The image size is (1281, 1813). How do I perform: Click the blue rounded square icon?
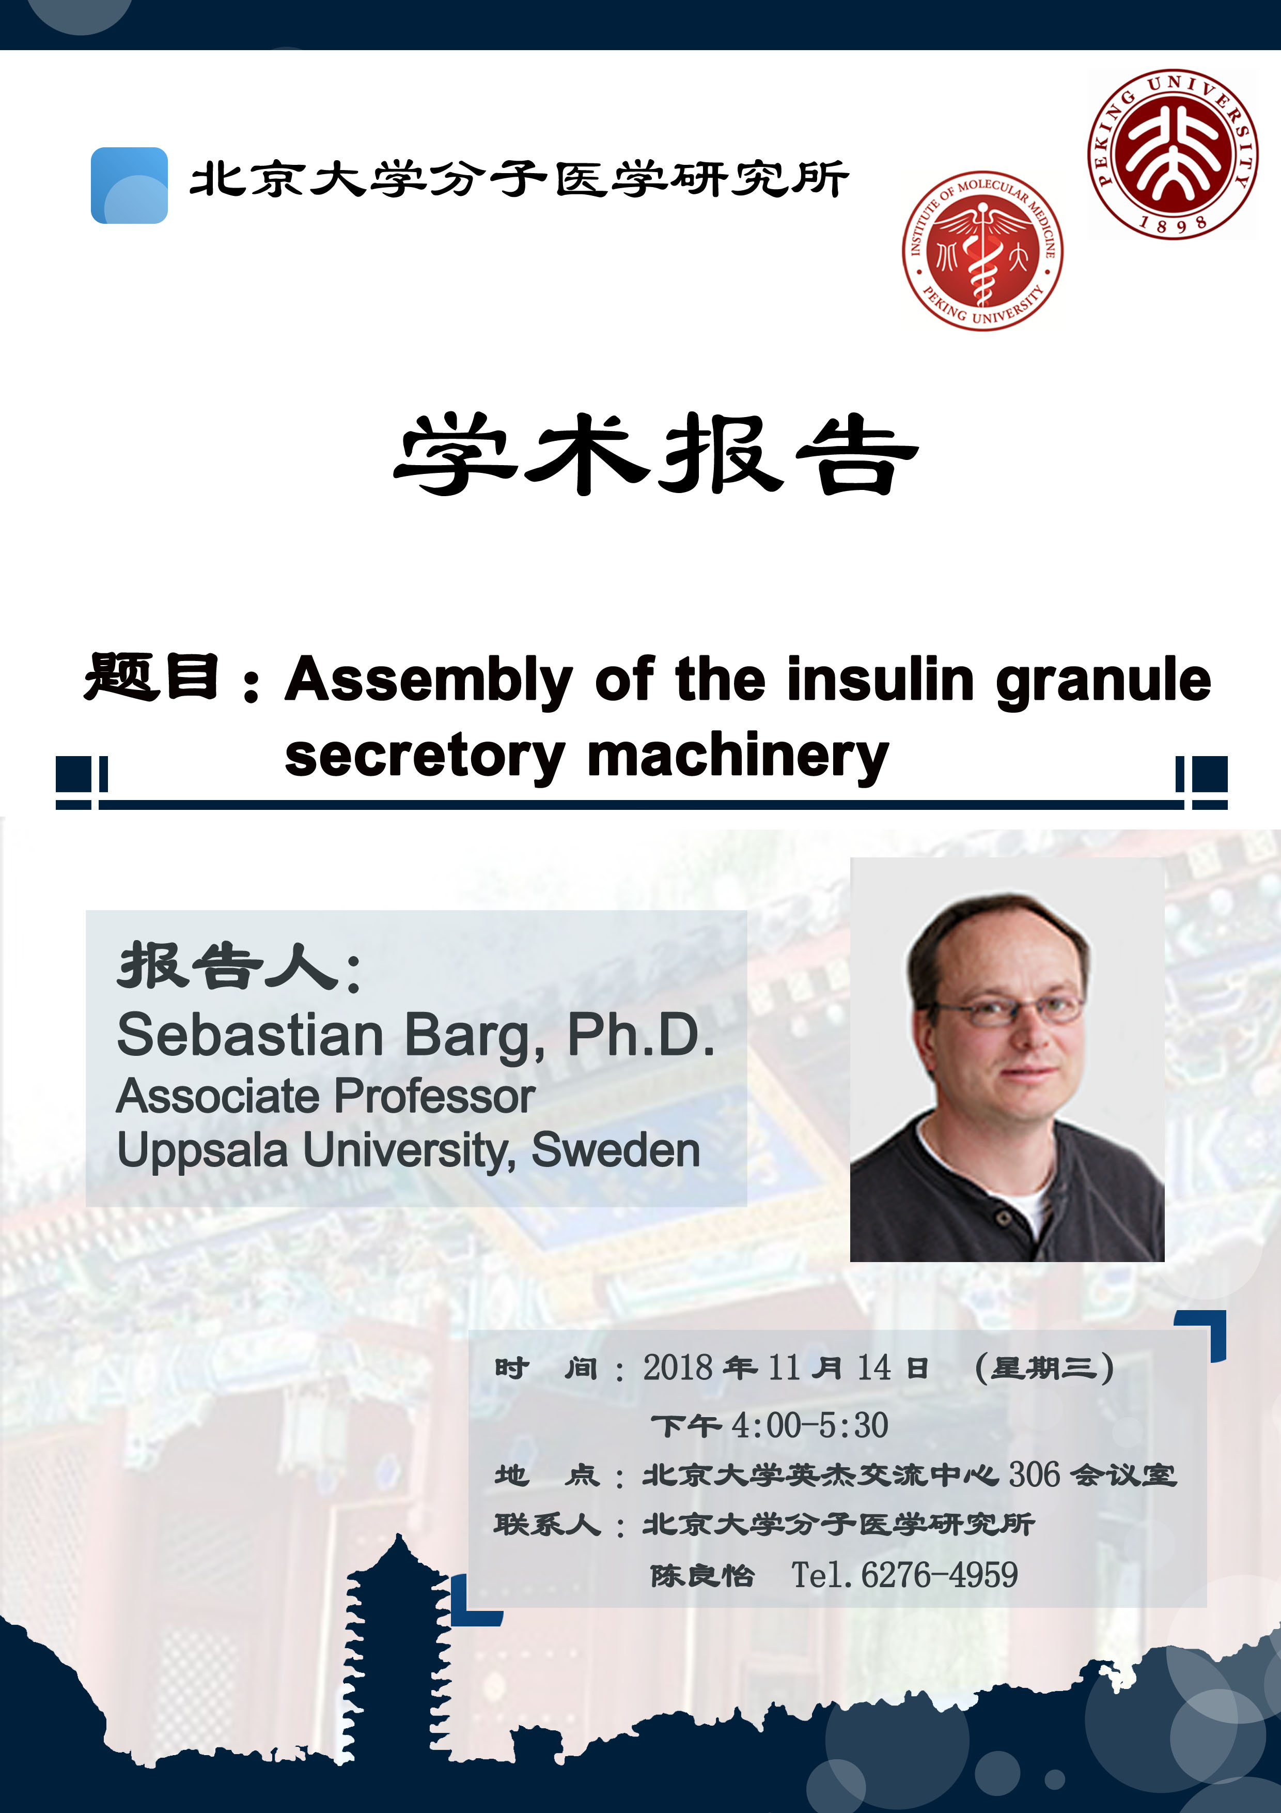[x=130, y=186]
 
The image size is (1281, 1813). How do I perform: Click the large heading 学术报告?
[x=656, y=454]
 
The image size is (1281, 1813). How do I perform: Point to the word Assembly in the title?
[x=429, y=681]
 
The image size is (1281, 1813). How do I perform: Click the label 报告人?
[x=229, y=966]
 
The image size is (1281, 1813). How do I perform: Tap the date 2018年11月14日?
[x=785, y=1368]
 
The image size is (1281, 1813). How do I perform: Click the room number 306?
[x=1034, y=1474]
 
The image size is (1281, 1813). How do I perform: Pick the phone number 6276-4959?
[x=939, y=1575]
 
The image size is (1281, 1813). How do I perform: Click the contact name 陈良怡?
[x=701, y=1575]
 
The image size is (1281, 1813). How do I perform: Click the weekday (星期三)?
[x=1044, y=1368]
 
